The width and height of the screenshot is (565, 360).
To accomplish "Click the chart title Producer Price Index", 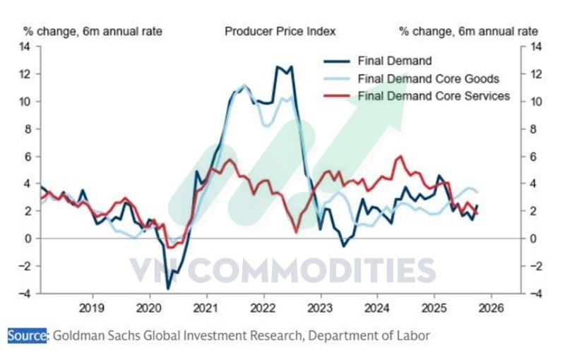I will point(280,31).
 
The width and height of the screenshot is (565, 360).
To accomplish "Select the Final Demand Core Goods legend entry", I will point(429,78).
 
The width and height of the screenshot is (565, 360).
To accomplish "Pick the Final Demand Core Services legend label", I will point(434,95).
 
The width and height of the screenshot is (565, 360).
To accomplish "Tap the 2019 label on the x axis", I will point(91,308).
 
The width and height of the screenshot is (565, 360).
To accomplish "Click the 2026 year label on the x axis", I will point(490,308).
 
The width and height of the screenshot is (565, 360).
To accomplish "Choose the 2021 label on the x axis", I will point(206,308).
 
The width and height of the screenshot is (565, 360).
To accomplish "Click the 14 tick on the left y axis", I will point(25,47).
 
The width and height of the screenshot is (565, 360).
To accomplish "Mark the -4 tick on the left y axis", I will point(25,294).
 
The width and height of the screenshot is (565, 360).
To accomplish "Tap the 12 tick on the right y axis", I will point(535,74).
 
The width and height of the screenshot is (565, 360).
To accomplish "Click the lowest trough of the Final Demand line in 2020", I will point(168,288).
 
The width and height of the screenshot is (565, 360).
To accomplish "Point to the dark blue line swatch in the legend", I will point(337,61).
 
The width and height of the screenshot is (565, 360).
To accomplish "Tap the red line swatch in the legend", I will point(337,95).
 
